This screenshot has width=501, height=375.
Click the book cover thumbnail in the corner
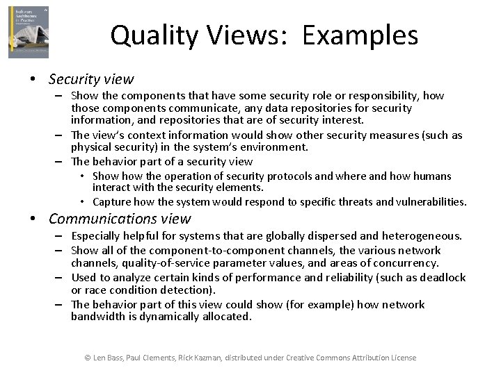(29, 32)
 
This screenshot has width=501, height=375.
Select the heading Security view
(91, 79)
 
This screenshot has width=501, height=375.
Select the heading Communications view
(120, 219)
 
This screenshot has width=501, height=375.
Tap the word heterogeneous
(422, 236)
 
